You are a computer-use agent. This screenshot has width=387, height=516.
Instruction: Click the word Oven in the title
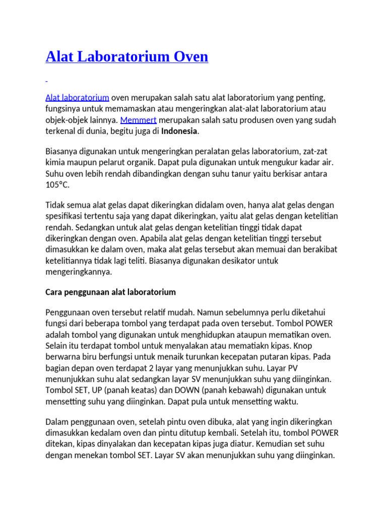[x=189, y=56]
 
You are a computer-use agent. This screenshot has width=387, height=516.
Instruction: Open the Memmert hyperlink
[x=139, y=120]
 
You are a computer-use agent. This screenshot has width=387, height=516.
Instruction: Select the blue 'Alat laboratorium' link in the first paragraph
[x=77, y=97]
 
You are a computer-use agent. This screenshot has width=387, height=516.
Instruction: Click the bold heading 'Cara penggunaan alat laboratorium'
[x=110, y=292]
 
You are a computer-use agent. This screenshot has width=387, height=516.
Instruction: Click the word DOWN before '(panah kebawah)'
[x=186, y=390]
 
